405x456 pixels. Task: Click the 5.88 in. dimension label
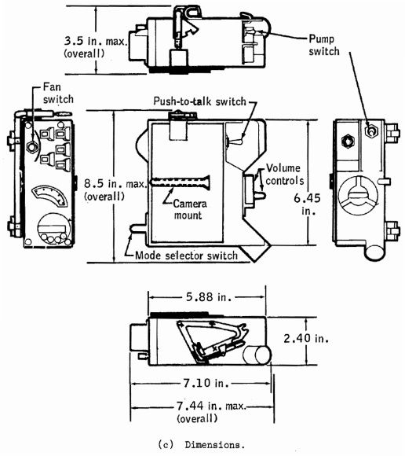coord(209,297)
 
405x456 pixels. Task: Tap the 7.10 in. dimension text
coord(206,383)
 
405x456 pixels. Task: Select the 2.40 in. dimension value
coord(306,339)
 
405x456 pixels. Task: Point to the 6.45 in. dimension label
coord(307,204)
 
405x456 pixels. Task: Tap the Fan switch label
coord(58,93)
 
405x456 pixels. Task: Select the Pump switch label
coord(324,45)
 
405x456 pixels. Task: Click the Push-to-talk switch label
coord(199,101)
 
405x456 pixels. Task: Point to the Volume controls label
coord(284,175)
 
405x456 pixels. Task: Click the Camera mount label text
coord(190,209)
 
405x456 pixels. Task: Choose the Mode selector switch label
coord(186,256)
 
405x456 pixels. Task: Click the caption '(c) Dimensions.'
coord(202,445)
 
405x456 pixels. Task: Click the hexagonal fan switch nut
coord(32,147)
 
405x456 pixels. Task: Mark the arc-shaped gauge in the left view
coord(50,195)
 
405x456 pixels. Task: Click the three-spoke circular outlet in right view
coord(359,194)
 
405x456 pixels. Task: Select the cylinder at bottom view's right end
coord(257,355)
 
